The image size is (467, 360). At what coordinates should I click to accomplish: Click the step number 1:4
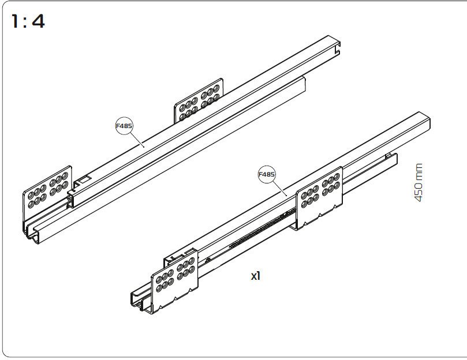click(x=28, y=21)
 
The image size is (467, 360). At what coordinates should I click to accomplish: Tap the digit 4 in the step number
click(x=39, y=21)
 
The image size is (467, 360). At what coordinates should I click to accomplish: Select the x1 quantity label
click(x=256, y=276)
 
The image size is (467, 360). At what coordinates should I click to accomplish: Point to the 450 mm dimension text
click(x=419, y=182)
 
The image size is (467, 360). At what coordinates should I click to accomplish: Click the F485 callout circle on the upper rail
click(x=124, y=126)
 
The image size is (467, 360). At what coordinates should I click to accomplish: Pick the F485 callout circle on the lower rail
click(x=267, y=174)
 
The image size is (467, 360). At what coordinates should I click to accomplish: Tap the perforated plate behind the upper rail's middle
click(x=199, y=100)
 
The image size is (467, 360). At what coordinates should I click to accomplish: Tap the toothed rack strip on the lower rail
click(x=262, y=228)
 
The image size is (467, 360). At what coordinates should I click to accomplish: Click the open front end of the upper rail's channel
click(x=32, y=234)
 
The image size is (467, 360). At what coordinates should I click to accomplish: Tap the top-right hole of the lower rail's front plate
click(x=192, y=261)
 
